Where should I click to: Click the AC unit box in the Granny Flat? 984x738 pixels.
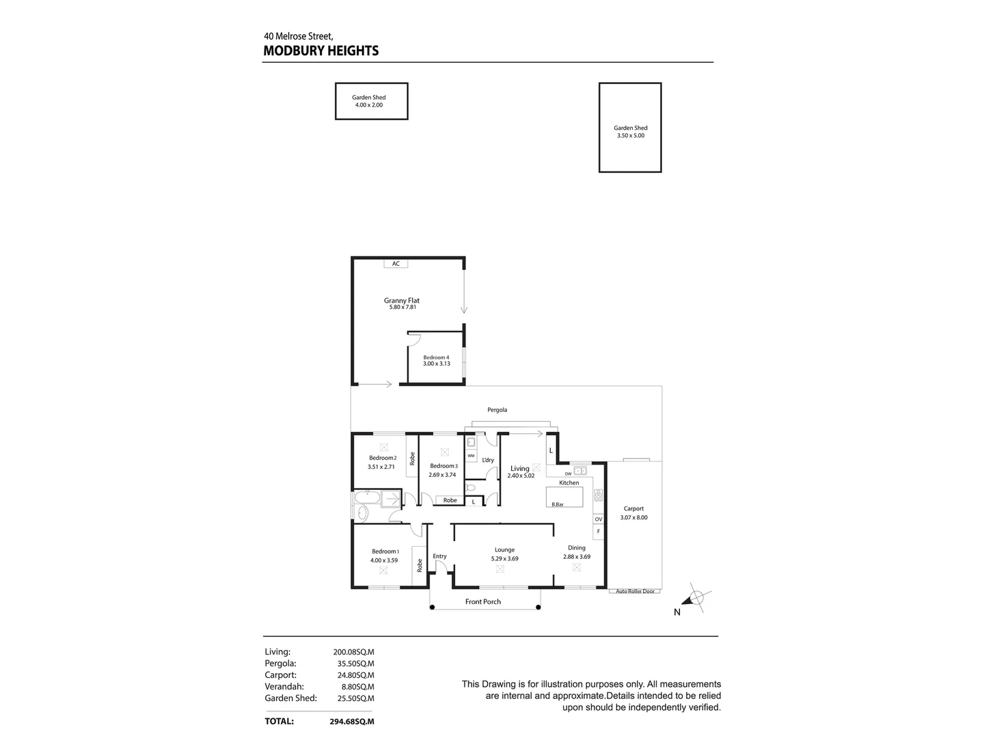(x=396, y=264)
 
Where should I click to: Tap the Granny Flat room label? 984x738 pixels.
(x=401, y=303)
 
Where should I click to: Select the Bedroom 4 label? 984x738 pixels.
(x=436, y=360)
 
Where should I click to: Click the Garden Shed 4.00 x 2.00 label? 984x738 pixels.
(x=369, y=101)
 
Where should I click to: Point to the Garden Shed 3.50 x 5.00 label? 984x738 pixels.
(x=630, y=131)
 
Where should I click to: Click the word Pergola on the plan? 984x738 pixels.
(x=497, y=410)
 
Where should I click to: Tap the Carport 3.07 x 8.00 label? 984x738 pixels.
(x=633, y=513)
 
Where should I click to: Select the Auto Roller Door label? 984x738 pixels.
(x=635, y=591)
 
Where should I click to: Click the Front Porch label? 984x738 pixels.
(x=483, y=602)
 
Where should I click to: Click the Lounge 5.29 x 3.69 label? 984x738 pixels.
(x=504, y=553)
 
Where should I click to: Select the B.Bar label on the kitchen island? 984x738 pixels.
(x=558, y=504)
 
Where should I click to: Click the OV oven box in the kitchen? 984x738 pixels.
(x=599, y=519)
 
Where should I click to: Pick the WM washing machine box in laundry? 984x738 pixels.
(x=471, y=455)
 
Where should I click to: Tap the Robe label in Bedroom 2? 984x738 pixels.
(x=412, y=459)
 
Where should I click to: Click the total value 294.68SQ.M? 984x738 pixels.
(x=352, y=722)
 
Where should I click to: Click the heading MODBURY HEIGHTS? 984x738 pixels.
(x=320, y=51)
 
